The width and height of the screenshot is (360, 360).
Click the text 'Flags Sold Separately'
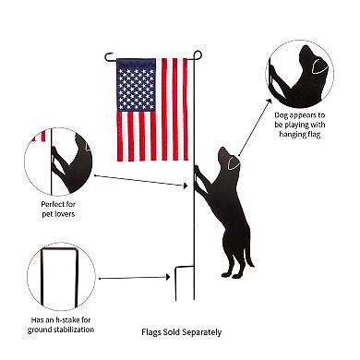click(182, 332)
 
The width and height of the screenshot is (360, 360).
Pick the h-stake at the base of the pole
click(182, 274)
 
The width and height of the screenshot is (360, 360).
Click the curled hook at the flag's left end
click(109, 57)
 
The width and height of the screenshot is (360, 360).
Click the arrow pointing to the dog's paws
click(143, 175)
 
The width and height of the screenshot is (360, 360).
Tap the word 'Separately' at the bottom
click(201, 332)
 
